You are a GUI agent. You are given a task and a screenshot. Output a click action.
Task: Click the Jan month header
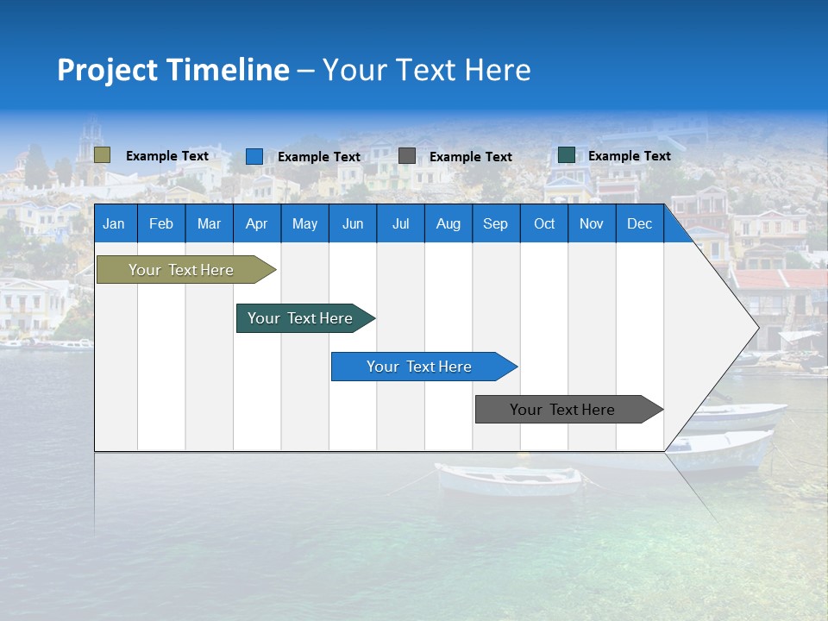(x=114, y=223)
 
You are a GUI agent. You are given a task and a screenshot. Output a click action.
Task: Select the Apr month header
(x=256, y=223)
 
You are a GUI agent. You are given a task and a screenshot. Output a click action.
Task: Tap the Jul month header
(x=400, y=223)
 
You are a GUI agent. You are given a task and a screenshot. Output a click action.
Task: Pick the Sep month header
(x=495, y=223)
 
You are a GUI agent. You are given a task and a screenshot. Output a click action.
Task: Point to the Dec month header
(x=639, y=223)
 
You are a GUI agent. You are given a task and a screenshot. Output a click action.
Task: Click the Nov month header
(x=591, y=223)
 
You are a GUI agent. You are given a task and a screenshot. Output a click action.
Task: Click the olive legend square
(x=102, y=155)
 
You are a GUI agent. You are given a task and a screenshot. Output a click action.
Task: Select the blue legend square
(x=254, y=156)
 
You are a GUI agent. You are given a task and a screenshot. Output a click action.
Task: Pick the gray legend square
(x=407, y=156)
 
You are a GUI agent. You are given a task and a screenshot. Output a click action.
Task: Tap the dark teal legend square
(x=566, y=155)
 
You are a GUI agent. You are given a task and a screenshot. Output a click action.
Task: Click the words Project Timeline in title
(x=172, y=70)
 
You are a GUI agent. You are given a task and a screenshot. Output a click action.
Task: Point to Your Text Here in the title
(x=426, y=70)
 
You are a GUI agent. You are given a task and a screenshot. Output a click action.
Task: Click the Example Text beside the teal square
(x=629, y=156)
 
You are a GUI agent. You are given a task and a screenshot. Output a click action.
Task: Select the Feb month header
(x=160, y=223)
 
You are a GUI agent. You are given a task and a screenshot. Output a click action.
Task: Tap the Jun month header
(x=352, y=223)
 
